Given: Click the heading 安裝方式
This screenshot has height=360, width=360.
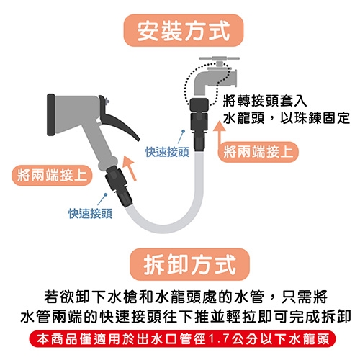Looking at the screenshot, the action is tap(184, 30).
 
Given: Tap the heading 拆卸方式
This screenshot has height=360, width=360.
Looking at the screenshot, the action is tap(189, 264).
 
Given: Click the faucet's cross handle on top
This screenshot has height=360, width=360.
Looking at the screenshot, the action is tap(220, 58).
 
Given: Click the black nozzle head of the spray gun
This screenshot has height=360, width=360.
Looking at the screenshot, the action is tap(51, 114).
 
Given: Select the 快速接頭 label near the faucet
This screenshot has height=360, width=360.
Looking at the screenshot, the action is tap(167, 152).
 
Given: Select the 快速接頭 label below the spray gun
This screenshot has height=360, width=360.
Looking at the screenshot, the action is tap(90, 214).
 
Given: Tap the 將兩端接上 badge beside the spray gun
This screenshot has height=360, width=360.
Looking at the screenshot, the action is tap(52, 175).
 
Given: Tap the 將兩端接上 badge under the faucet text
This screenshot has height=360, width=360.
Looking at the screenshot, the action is tap(258, 152).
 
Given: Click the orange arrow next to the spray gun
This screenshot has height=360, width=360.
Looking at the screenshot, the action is tap(130, 168).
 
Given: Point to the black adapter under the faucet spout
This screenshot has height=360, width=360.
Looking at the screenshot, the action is tap(199, 104).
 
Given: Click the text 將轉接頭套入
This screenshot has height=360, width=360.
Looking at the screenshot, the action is tap(265, 101).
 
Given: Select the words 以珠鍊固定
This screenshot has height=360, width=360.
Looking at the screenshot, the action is tap(315, 118).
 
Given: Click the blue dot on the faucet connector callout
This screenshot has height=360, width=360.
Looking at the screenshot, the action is tap(184, 131).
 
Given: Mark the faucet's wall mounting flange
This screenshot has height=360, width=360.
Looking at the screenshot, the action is tap(234, 78).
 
